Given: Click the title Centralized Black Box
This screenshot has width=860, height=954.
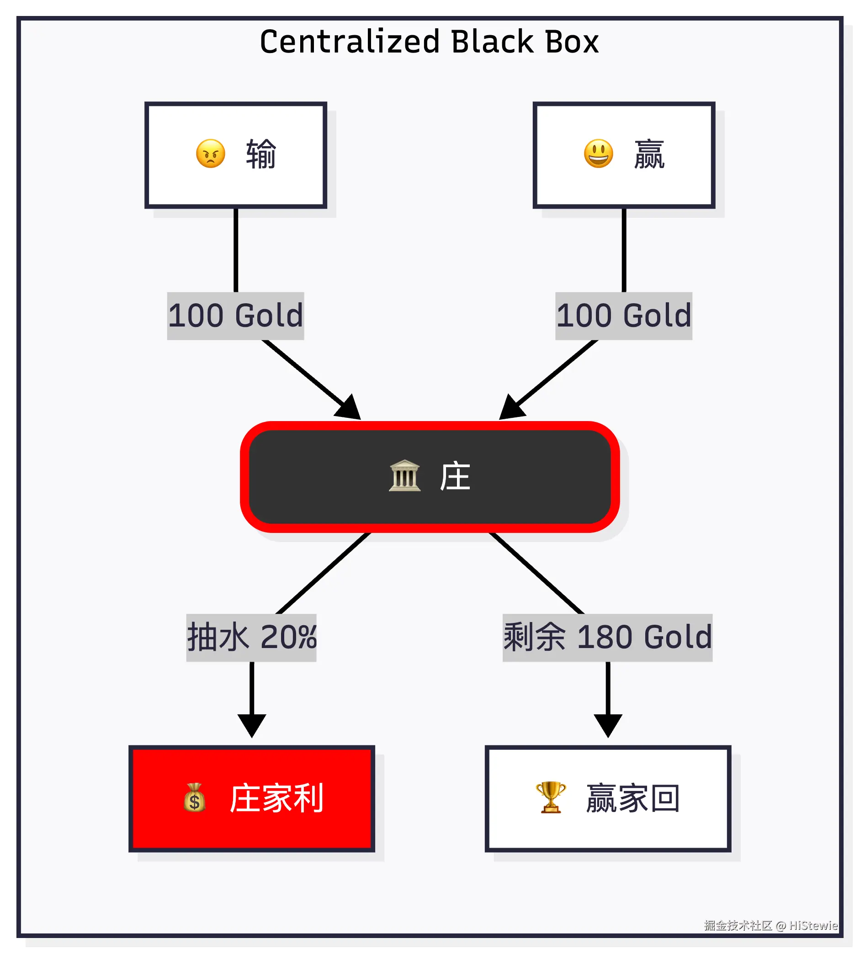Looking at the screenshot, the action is [429, 42].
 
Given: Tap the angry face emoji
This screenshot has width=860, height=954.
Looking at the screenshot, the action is [211, 153].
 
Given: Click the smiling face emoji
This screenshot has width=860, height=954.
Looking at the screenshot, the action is [599, 153].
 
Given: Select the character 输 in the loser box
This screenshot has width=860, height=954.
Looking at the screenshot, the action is [261, 154].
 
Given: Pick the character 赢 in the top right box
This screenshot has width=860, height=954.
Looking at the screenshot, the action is [649, 154].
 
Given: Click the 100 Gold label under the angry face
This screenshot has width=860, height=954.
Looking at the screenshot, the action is [235, 316].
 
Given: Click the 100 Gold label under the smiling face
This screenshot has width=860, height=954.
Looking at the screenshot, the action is [624, 316].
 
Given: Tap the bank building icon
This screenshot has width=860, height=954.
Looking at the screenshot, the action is [404, 475].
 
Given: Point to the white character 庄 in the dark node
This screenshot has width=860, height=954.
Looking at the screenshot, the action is [455, 476].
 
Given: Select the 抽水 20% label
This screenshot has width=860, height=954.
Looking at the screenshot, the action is [251, 637].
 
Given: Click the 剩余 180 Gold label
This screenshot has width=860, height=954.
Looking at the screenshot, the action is [608, 637].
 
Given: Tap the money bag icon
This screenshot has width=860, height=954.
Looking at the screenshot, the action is [195, 798].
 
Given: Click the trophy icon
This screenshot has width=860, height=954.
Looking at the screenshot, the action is [551, 798].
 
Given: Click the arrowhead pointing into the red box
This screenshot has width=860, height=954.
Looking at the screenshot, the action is [252, 726].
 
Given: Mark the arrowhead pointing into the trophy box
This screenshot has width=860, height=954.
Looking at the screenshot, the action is [608, 726].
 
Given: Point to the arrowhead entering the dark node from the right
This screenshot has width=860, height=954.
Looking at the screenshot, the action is [512, 407].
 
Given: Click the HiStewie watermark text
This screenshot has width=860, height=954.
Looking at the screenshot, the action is [813, 925].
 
